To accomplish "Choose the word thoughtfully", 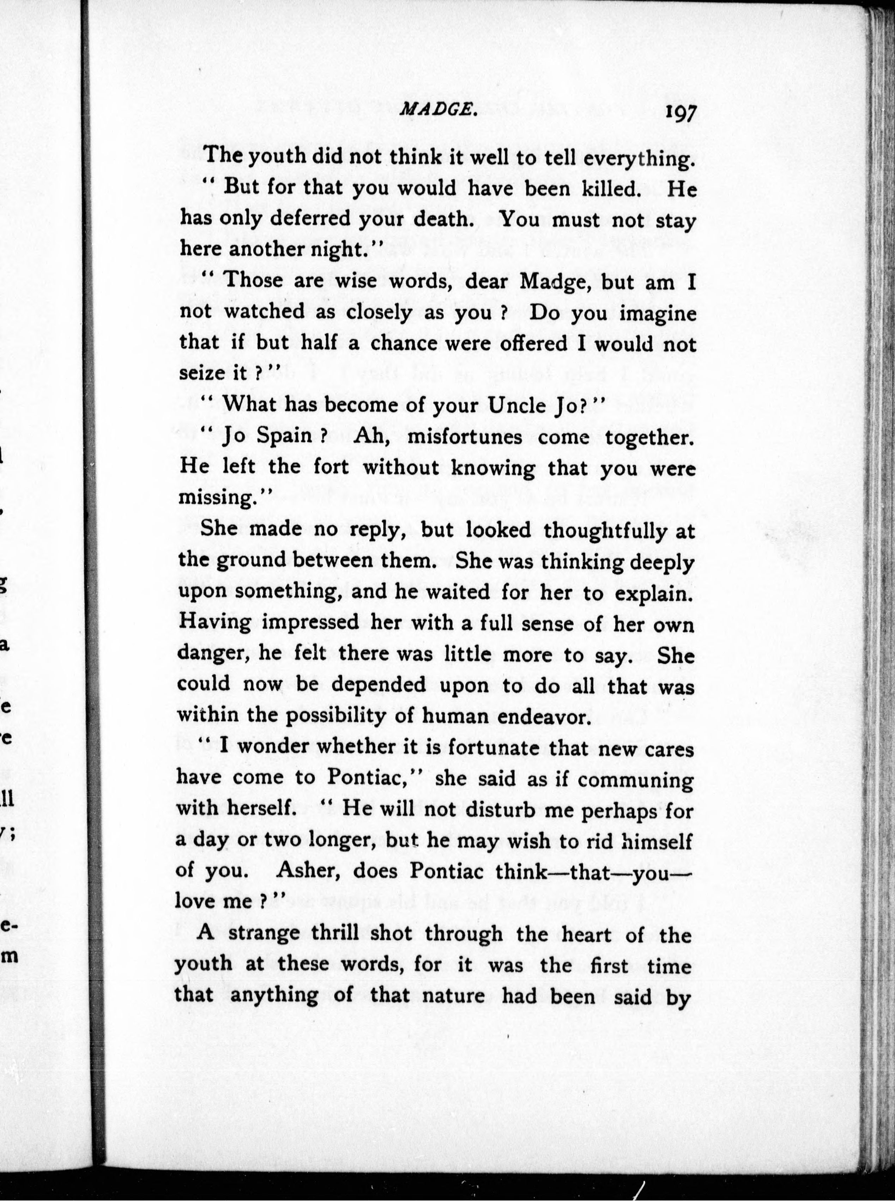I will point(605,530).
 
